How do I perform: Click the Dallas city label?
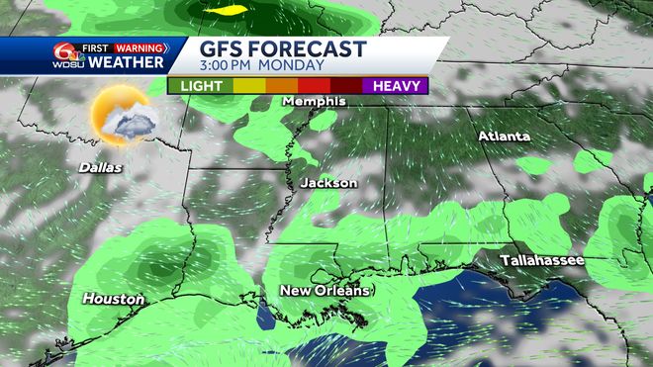[x=101, y=167]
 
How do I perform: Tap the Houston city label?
[x=113, y=299]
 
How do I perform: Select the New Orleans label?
[x=325, y=291]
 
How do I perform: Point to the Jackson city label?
[x=327, y=183]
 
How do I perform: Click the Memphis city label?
[x=314, y=101]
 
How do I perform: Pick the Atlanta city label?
[x=504, y=136]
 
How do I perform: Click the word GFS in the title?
[x=225, y=49]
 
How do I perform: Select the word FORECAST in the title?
[x=312, y=49]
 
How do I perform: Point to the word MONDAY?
[x=295, y=66]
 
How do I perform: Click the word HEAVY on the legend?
[x=395, y=86]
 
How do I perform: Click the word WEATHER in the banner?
[x=128, y=62]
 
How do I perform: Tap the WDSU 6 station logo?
[x=67, y=55]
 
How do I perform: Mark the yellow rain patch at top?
[x=230, y=11]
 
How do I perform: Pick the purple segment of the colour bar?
[x=395, y=86]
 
